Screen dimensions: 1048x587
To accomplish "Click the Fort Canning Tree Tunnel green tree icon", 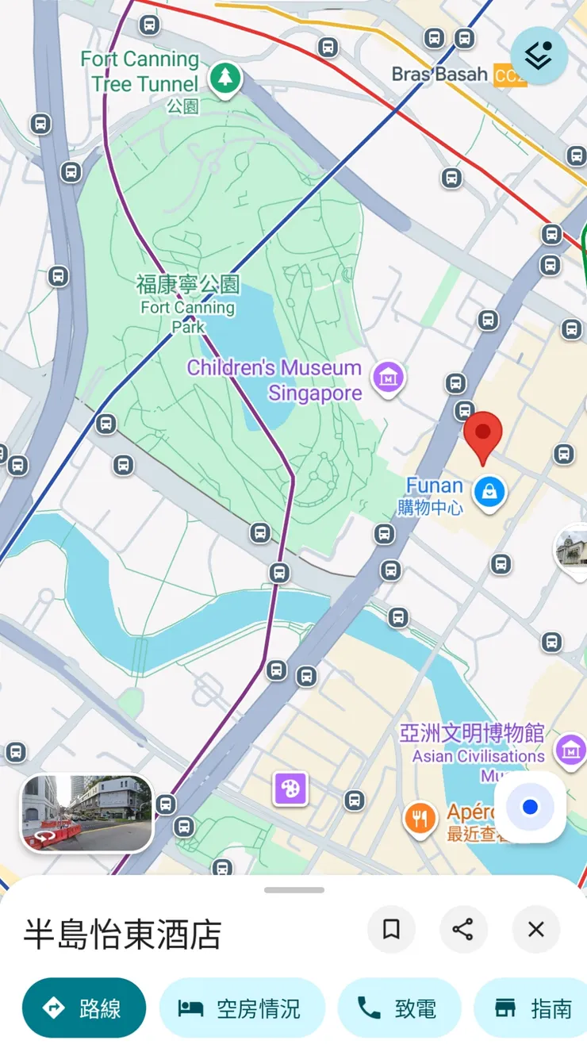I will point(226,79).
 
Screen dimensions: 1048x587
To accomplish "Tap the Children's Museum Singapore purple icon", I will point(389,376).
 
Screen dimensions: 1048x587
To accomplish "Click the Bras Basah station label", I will point(440,75).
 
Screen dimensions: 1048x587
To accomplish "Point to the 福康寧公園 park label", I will point(188,284).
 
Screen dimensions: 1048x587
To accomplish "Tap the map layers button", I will point(539,56).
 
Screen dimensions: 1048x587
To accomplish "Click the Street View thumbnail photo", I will point(86,813).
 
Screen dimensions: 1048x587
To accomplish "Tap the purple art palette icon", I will point(290,789).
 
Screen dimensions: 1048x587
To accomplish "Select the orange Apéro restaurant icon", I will point(420,818).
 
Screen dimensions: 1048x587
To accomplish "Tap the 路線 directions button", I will point(84,1008).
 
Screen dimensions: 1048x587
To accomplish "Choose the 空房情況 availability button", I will point(242,1008).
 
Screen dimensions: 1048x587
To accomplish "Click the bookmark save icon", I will point(391,929).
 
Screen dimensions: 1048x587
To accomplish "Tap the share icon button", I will point(463,929).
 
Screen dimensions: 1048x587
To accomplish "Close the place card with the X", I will point(536,929).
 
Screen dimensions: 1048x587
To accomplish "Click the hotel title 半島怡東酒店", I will point(122,934).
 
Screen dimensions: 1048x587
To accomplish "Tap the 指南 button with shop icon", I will point(533,1008).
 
